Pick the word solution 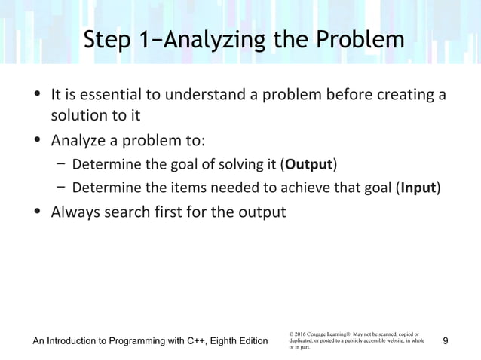pyautogui.click(x=77, y=117)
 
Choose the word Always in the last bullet pyautogui.click(x=75, y=212)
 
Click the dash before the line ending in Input pyautogui.click(x=60, y=188)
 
